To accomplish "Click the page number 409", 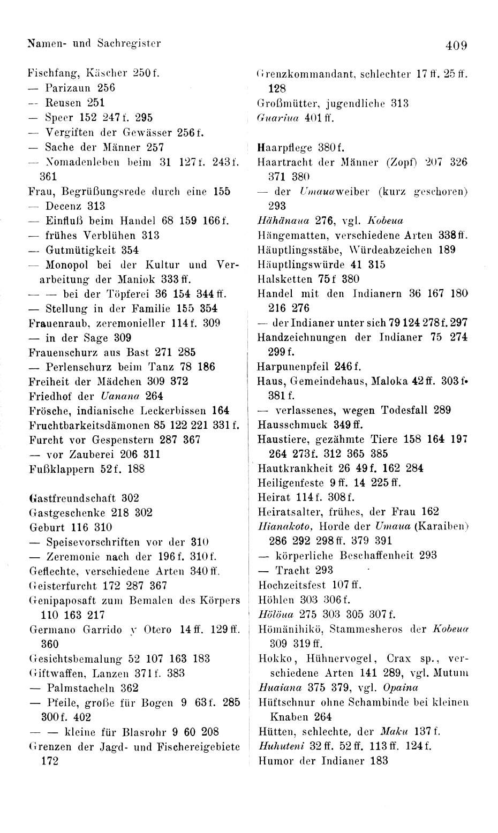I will [456, 46].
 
